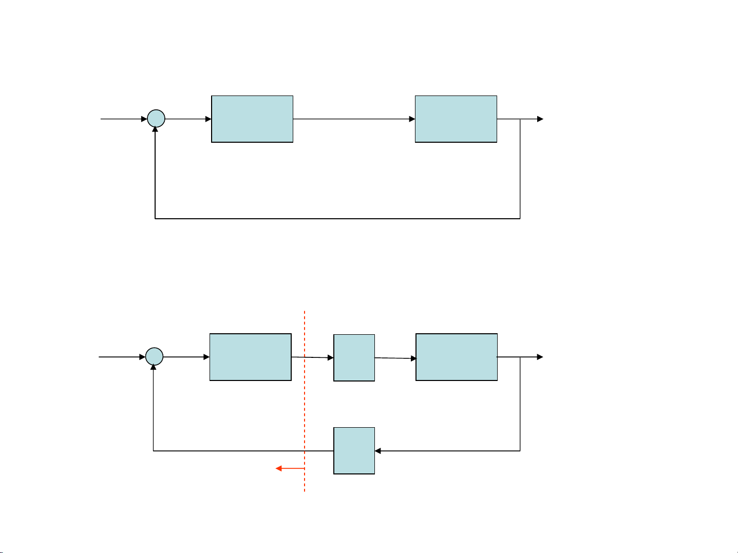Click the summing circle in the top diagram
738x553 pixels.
tap(156, 119)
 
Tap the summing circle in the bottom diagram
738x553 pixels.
tap(154, 356)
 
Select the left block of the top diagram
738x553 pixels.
tap(252, 119)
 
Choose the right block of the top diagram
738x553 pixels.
tap(456, 119)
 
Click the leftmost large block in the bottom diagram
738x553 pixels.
tap(251, 357)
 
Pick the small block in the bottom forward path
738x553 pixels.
tap(354, 358)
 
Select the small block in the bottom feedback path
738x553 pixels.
tap(354, 450)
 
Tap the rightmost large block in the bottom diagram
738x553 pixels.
tap(457, 357)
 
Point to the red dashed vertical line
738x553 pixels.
tap(305, 401)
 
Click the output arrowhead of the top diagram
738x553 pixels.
tap(540, 119)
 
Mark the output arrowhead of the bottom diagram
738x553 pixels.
tap(540, 357)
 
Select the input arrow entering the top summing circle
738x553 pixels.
tap(123, 119)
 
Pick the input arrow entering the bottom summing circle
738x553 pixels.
tap(122, 356)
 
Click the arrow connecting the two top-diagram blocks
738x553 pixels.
tap(354, 119)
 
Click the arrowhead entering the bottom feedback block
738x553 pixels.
tap(378, 451)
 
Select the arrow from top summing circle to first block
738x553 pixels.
tap(188, 119)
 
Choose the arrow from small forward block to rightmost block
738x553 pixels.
tap(395, 358)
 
